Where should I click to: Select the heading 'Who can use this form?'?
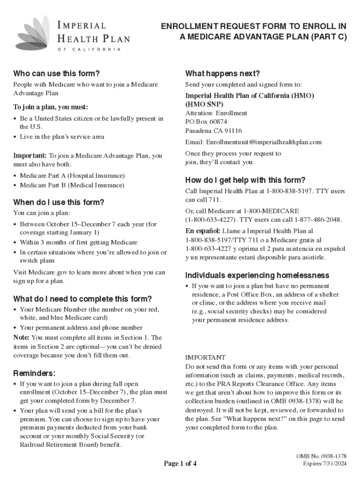pyautogui.click(x=57, y=73)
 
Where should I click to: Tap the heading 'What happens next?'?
pyautogui.click(x=222, y=73)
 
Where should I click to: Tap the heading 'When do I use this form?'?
pyautogui.click(x=58, y=203)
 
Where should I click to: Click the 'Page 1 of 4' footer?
pyautogui.click(x=180, y=464)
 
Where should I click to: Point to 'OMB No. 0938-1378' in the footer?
pyautogui.click(x=322, y=456)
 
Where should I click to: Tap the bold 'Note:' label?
pyautogui.click(x=21, y=337)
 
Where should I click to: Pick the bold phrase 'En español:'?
pyautogui.click(x=202, y=231)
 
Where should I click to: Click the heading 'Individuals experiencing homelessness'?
pyautogui.click(x=257, y=275)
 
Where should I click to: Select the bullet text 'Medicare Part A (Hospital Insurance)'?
pyautogui.click(x=72, y=175)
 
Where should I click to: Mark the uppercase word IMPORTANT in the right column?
pyautogui.click(x=205, y=357)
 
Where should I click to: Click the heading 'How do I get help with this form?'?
pyautogui.click(x=245, y=180)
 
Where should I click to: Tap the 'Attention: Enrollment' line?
pyautogui.click(x=216, y=113)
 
